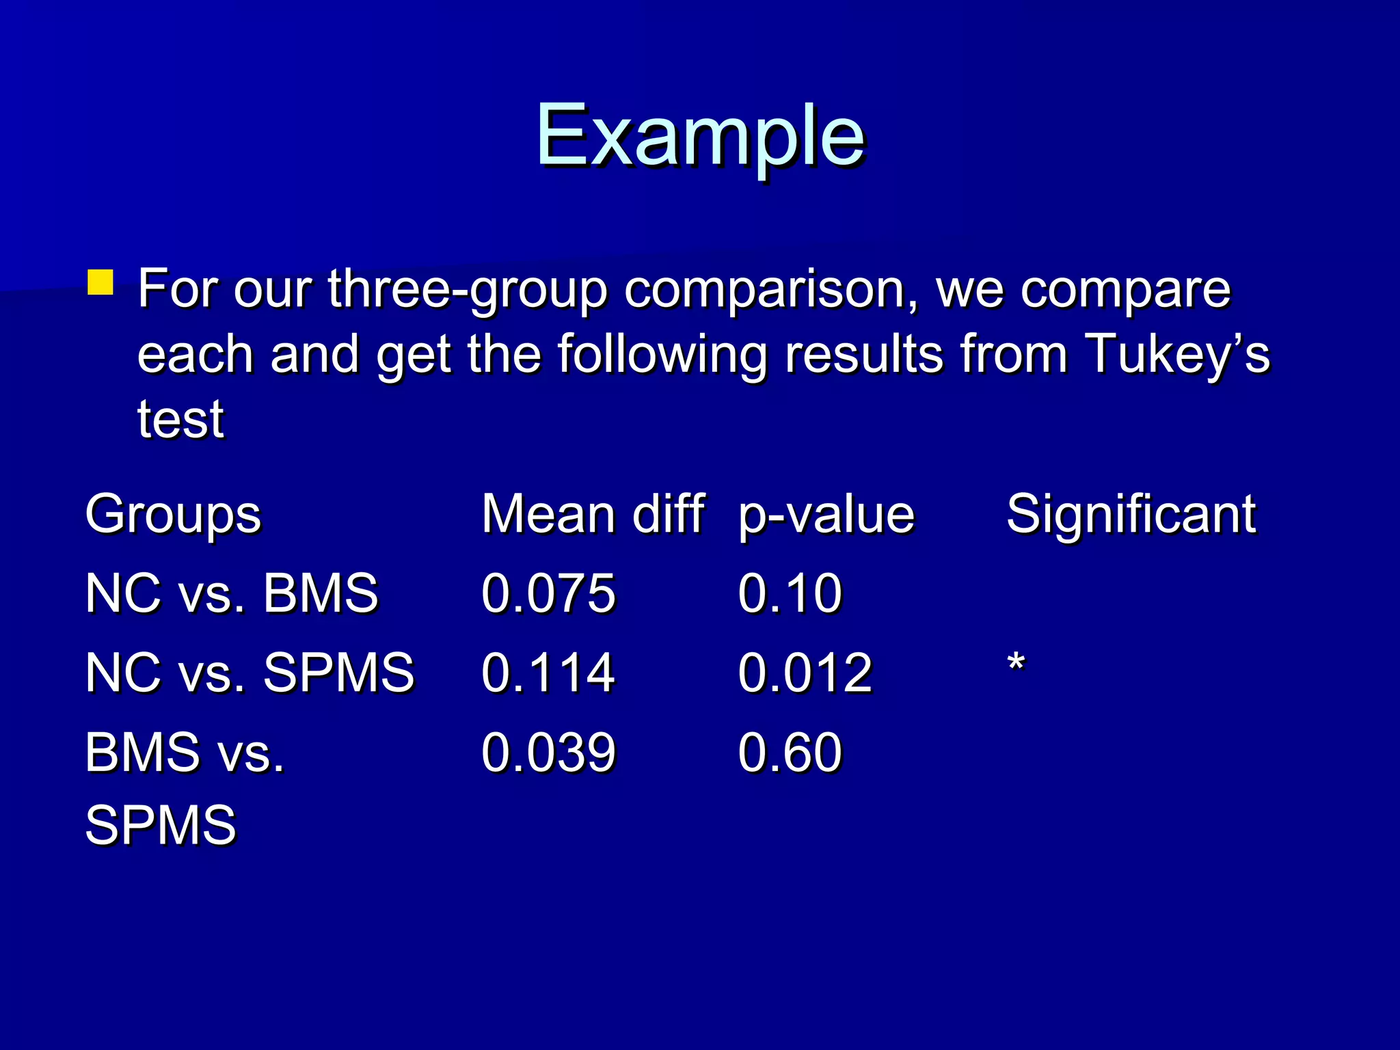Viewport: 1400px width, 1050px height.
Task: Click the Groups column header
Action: tap(173, 515)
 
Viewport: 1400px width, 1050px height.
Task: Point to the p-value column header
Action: tap(826, 515)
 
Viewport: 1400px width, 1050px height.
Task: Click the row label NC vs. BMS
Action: tap(231, 593)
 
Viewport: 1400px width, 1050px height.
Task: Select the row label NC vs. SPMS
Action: tap(250, 672)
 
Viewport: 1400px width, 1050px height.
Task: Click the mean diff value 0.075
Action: tap(548, 593)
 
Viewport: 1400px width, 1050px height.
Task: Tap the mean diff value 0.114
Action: tap(548, 672)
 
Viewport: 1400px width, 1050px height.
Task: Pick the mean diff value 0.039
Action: tap(548, 752)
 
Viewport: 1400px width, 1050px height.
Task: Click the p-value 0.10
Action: tap(790, 593)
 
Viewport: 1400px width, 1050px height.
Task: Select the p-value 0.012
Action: tap(805, 672)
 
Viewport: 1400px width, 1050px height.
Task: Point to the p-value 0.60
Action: tap(790, 752)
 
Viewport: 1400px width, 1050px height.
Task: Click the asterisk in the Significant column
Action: tap(1017, 663)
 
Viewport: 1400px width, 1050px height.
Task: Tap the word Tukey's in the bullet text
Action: tap(1176, 354)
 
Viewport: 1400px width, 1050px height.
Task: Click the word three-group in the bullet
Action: tap(468, 290)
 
